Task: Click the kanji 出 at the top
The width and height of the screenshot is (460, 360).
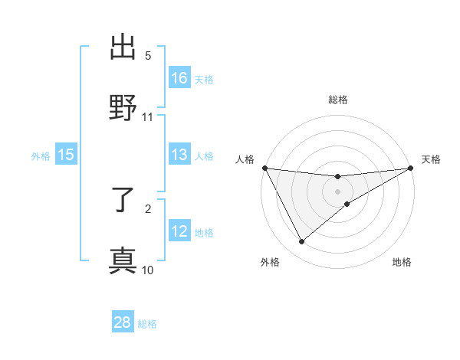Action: [x=123, y=47]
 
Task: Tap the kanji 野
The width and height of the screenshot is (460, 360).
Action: [x=123, y=106]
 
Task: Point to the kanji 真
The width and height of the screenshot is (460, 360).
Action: [x=123, y=260]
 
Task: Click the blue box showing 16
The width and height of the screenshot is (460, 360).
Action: [x=179, y=78]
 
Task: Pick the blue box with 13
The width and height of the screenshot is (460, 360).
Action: [x=179, y=155]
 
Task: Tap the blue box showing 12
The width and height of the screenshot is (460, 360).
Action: [x=179, y=231]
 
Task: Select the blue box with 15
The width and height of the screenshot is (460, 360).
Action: [x=66, y=155]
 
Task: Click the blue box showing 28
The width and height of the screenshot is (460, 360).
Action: [x=123, y=322]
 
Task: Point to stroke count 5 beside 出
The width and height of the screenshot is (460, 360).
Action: [x=148, y=56]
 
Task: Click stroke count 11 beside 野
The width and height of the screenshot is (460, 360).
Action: [x=148, y=116]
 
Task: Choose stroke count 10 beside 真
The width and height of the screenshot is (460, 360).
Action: [x=148, y=270]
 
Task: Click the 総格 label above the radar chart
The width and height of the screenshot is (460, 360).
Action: [x=338, y=100]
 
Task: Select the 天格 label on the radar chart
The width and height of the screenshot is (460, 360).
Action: [x=432, y=159]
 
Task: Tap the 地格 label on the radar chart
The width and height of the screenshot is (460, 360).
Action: [x=402, y=262]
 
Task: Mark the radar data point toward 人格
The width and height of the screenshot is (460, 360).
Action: [x=265, y=168]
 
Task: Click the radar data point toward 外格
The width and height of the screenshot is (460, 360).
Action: [x=301, y=242]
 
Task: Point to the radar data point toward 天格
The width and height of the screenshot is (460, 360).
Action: [x=411, y=168]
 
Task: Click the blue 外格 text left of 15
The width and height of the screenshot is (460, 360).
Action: [x=41, y=155]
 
